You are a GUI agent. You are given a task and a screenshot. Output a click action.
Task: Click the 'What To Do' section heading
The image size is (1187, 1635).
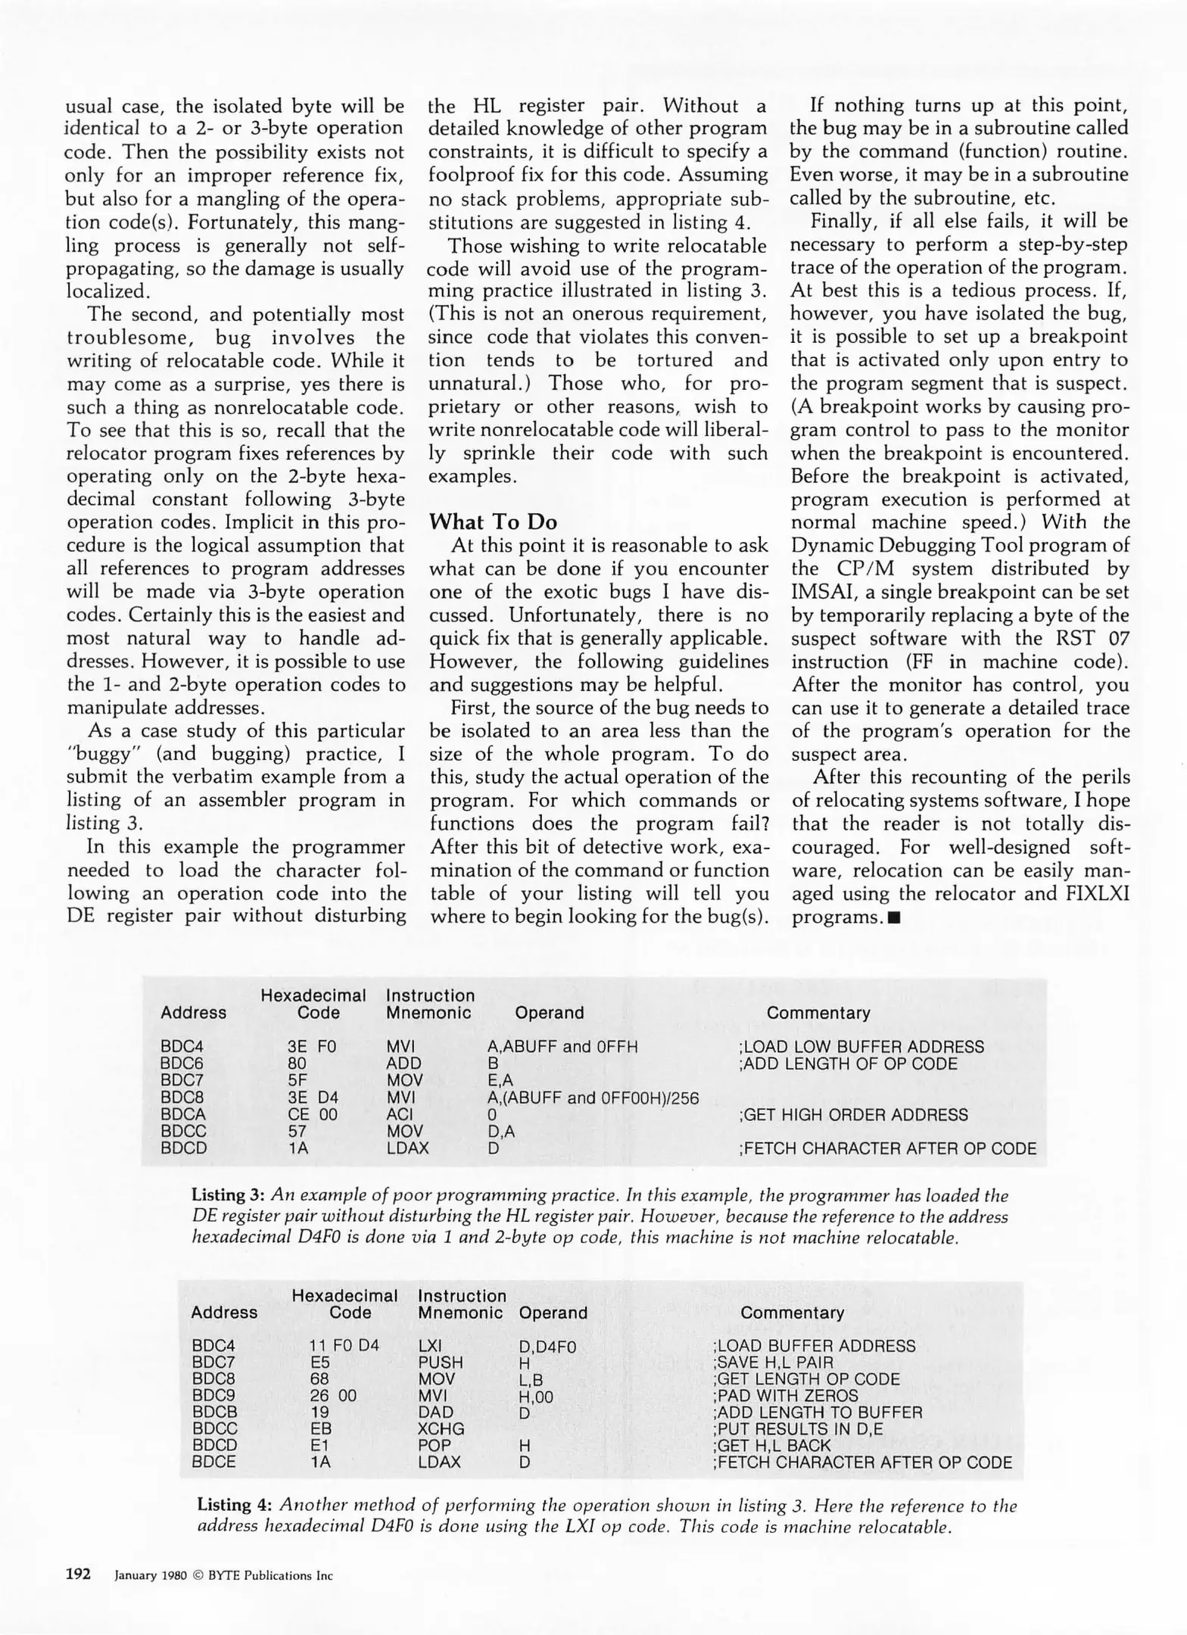click(493, 522)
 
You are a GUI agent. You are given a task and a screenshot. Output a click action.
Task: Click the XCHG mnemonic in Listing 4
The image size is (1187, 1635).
click(441, 1429)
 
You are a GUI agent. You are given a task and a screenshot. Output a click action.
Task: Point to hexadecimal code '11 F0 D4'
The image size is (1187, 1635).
click(344, 1346)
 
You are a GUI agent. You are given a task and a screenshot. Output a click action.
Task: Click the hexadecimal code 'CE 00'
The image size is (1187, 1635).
click(312, 1114)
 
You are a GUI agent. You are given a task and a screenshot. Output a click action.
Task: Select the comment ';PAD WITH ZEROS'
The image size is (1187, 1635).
click(785, 1396)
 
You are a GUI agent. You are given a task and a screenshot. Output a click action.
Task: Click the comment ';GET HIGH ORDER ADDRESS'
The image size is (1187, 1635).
click(852, 1114)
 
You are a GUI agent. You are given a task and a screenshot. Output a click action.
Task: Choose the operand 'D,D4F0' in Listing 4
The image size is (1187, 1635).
click(547, 1347)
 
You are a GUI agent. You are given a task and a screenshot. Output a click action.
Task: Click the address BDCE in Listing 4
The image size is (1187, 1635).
click(213, 1462)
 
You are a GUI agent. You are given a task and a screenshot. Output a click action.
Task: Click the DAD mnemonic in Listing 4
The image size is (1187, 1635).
click(435, 1412)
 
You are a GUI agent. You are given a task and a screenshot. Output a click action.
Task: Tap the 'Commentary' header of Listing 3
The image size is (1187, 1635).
click(818, 1013)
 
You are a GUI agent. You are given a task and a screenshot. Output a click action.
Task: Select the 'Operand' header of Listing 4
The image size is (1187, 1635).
click(553, 1313)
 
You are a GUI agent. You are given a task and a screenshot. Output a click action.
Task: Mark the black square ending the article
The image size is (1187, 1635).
click(896, 918)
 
